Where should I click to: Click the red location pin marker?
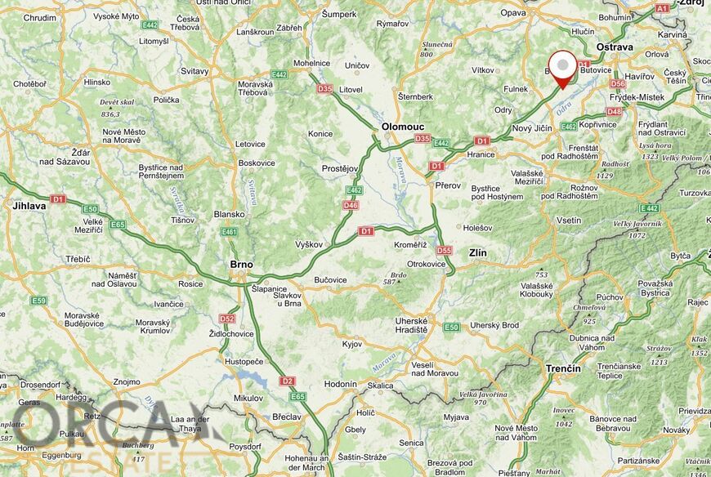tap(561, 67)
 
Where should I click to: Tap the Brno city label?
tap(241, 265)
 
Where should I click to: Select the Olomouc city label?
tap(402, 127)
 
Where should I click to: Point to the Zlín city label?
tap(476, 253)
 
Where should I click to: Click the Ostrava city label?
tap(615, 47)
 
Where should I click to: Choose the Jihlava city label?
tap(29, 206)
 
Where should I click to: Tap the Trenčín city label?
tap(563, 368)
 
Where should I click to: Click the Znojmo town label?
tap(127, 381)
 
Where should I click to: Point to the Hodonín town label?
tap(340, 384)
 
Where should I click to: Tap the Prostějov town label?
tap(340, 169)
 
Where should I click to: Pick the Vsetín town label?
tap(568, 221)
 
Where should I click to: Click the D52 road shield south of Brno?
tap(226, 319)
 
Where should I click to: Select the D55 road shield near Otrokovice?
tap(444, 251)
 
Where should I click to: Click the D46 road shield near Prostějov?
tap(351, 205)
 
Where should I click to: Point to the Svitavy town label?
tap(195, 71)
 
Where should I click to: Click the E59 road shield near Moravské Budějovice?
tap(38, 301)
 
